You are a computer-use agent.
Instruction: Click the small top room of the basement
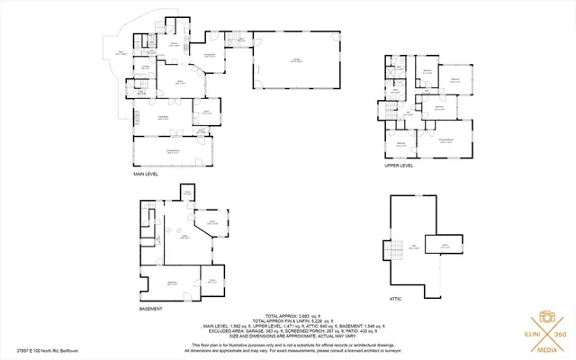tap(188, 193)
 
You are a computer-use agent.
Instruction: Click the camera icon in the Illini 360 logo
tap(545, 319)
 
